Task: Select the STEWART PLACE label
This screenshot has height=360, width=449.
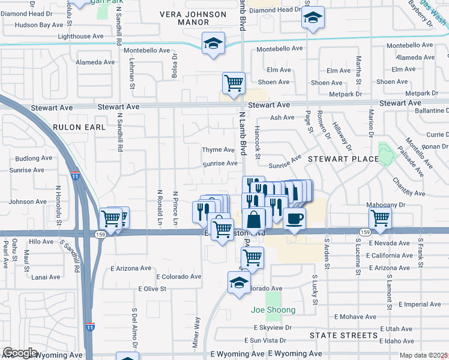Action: click(343, 159)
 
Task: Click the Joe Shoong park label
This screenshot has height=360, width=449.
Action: click(273, 310)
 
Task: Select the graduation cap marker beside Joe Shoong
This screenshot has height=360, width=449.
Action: click(239, 282)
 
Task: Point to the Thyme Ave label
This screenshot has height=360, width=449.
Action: click(218, 150)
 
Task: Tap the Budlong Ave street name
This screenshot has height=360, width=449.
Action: click(34, 158)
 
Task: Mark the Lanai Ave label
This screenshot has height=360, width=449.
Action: click(46, 277)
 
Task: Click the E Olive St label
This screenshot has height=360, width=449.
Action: click(152, 289)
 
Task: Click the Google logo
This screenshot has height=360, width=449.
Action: click(20, 353)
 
